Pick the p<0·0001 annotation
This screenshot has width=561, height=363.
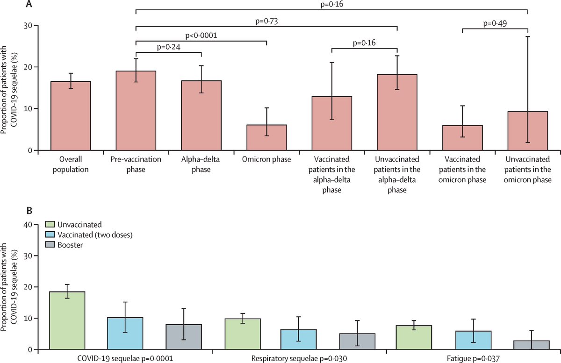(201, 35)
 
